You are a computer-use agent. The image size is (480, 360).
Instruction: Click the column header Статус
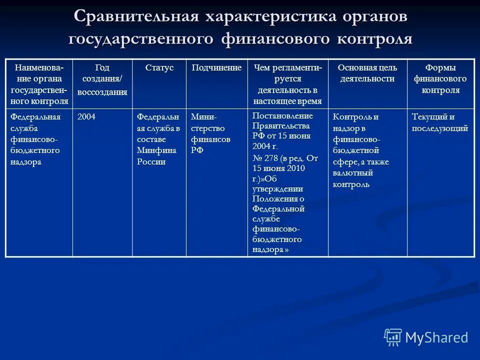(x=159, y=67)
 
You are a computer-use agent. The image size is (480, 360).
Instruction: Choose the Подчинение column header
(x=216, y=67)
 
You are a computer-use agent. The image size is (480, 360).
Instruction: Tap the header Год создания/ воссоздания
(x=102, y=79)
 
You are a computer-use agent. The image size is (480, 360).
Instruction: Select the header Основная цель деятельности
(x=367, y=73)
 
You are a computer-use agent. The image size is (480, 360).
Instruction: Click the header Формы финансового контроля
(x=440, y=79)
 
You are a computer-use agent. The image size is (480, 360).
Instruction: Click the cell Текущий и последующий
(x=439, y=122)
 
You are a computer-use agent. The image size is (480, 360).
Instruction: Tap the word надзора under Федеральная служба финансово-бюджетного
(x=26, y=162)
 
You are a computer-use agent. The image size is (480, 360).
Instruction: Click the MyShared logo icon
(x=392, y=337)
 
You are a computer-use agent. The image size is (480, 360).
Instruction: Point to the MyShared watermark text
(x=436, y=338)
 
